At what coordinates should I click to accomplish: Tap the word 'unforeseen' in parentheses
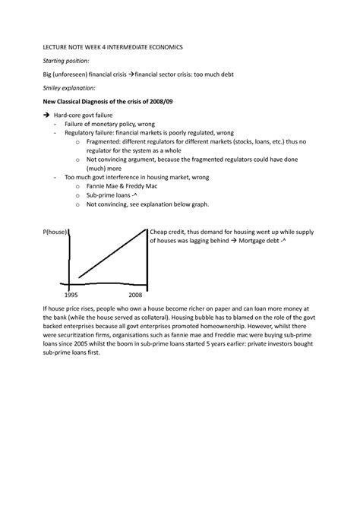pos(58,74)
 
